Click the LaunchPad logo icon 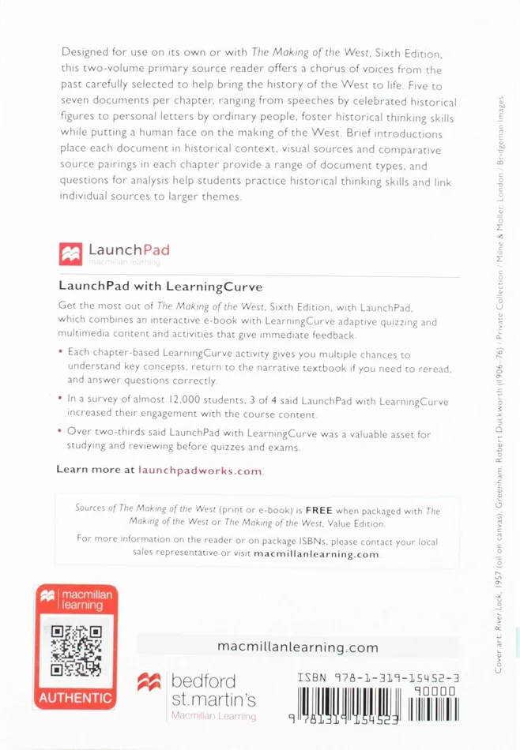coord(70,253)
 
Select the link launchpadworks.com coord(199,470)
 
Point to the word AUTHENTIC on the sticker coord(76,698)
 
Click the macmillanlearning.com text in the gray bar coord(297,647)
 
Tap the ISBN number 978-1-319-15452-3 coord(379,677)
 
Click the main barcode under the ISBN coord(348,707)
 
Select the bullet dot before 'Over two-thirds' coord(62,432)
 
